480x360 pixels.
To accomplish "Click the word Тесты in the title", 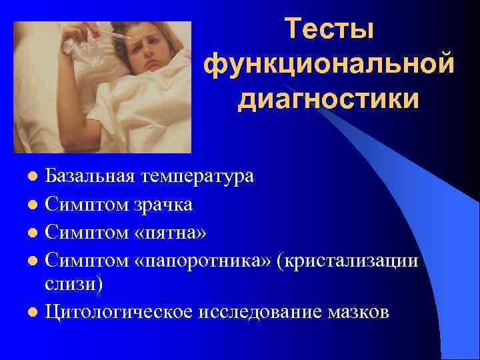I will pos(329,30).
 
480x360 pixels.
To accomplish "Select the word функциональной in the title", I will pos(329,65).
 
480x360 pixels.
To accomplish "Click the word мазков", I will pos(360,312).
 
